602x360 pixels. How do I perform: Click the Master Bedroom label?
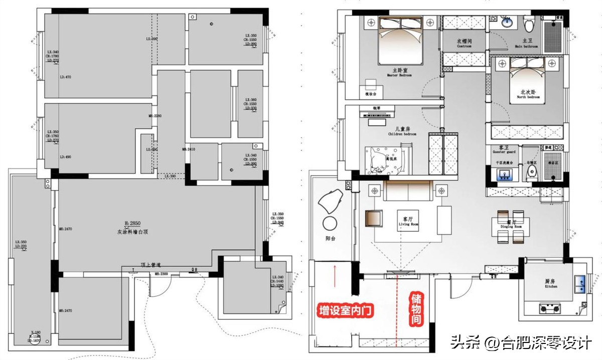(399, 73)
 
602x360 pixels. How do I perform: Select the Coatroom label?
(464, 43)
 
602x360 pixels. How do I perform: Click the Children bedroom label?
(402, 132)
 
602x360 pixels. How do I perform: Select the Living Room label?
(407, 222)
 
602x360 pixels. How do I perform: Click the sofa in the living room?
(407, 191)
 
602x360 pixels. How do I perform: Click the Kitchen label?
(550, 284)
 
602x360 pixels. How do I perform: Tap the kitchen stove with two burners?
(550, 308)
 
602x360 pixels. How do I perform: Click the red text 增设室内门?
(346, 311)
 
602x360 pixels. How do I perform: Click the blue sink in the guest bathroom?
(502, 174)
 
